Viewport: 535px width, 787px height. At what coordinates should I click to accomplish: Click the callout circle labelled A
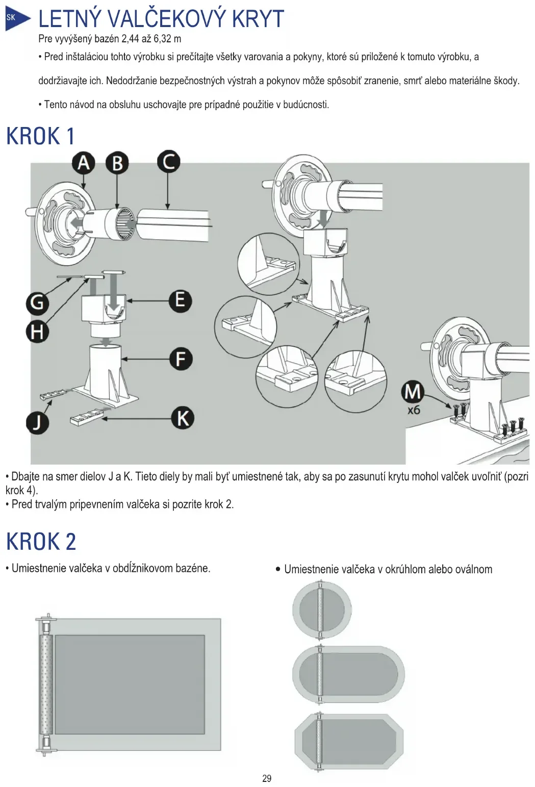pos(84,163)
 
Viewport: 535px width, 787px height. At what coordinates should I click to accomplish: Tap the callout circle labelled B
pos(117,163)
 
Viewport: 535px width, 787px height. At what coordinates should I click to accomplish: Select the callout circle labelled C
pos(168,161)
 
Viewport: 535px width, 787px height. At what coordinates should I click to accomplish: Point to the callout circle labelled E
pos(180,300)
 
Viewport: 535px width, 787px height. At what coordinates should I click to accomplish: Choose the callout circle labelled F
pos(181,359)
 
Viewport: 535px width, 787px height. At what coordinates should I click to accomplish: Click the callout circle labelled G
pos(37,303)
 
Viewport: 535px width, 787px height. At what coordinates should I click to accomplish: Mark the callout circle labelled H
pos(37,332)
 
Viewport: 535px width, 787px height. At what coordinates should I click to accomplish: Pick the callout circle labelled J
pos(37,423)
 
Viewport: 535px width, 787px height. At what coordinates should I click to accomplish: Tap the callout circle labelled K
pos(182,418)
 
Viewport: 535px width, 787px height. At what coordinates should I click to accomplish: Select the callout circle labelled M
pos(412,392)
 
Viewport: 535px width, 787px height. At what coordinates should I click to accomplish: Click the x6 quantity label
pos(414,410)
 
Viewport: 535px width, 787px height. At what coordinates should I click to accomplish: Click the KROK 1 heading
pos(40,137)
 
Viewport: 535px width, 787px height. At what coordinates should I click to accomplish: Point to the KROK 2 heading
pos(41,541)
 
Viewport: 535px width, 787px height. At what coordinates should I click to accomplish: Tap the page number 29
pos(267,778)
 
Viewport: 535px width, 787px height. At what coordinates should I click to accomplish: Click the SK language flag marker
pos(12,18)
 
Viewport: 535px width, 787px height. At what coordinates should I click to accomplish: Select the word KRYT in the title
pos(258,19)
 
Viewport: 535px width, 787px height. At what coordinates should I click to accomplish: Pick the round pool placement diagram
pos(322,610)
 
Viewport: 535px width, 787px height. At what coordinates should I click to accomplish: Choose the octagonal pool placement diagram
pos(349,741)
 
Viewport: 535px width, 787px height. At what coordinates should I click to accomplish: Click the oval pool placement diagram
pos(349,674)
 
